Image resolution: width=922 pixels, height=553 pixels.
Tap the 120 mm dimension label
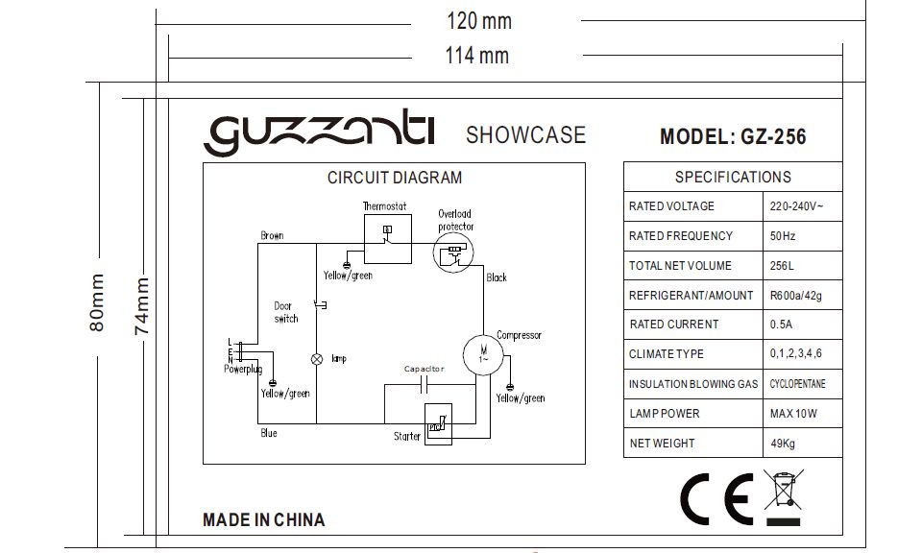(x=479, y=21)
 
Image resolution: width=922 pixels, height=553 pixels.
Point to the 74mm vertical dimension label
(x=142, y=306)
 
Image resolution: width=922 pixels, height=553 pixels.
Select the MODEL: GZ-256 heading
(x=733, y=137)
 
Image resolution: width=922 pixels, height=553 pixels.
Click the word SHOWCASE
(x=525, y=135)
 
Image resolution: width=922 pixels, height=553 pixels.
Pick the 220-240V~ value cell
(x=797, y=206)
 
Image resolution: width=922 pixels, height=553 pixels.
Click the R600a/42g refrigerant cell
(x=795, y=295)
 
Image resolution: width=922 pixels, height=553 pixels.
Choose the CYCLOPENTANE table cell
(x=797, y=384)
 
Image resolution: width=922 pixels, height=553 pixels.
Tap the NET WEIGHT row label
(x=662, y=444)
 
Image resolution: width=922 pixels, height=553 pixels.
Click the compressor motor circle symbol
(x=483, y=355)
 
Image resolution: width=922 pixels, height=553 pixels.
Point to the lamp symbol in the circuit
(x=317, y=359)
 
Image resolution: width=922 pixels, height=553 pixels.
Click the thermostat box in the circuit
(x=387, y=239)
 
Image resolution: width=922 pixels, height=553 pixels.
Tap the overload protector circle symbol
(x=453, y=252)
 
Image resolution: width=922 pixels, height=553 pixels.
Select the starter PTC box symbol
(x=438, y=423)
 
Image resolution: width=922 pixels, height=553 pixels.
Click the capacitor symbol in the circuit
(x=424, y=386)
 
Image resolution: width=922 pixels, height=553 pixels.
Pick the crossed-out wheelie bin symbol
(x=784, y=497)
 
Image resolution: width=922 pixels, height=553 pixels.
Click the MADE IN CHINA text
(x=263, y=520)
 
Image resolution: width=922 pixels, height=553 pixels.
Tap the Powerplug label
(x=243, y=369)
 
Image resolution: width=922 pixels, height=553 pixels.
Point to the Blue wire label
(x=269, y=433)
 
